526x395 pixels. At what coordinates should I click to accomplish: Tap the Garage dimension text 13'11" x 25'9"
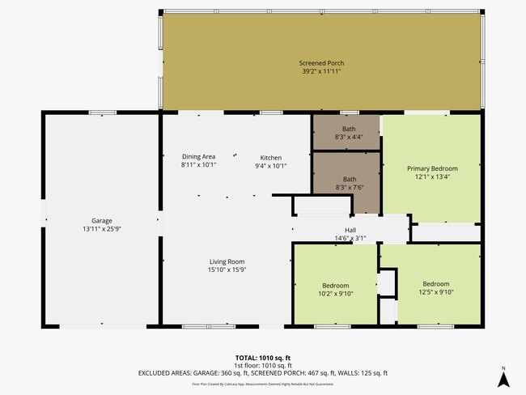pyautogui.click(x=101, y=230)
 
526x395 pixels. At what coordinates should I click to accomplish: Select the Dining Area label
pyautogui.click(x=198, y=157)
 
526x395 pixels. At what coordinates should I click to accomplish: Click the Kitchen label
pyautogui.click(x=270, y=157)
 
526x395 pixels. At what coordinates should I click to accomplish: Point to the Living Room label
pyautogui.click(x=227, y=261)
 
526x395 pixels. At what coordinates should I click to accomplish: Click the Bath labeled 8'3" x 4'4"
pyautogui.click(x=349, y=129)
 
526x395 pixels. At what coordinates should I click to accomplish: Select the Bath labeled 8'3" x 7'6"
pyautogui.click(x=349, y=179)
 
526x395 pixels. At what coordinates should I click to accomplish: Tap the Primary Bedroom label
pyautogui.click(x=431, y=168)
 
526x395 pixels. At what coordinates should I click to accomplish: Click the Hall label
pyautogui.click(x=350, y=230)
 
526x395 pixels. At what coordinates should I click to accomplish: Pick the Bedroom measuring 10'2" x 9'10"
pyautogui.click(x=336, y=286)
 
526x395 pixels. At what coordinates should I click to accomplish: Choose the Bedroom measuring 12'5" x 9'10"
pyautogui.click(x=435, y=284)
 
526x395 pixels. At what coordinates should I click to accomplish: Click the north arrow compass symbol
pyautogui.click(x=503, y=376)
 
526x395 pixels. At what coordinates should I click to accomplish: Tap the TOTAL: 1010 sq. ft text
pyautogui.click(x=263, y=357)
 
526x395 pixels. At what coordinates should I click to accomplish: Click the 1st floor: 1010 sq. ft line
pyautogui.click(x=263, y=365)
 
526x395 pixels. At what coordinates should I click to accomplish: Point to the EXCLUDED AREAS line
pyautogui.click(x=263, y=373)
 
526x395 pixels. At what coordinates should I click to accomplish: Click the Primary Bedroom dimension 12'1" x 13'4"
pyautogui.click(x=431, y=177)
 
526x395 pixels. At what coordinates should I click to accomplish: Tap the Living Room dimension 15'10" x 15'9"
pyautogui.click(x=227, y=270)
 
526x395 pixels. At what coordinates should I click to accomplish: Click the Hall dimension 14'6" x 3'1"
pyautogui.click(x=350, y=238)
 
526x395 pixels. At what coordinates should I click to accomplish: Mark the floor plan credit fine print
pyautogui.click(x=263, y=384)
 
